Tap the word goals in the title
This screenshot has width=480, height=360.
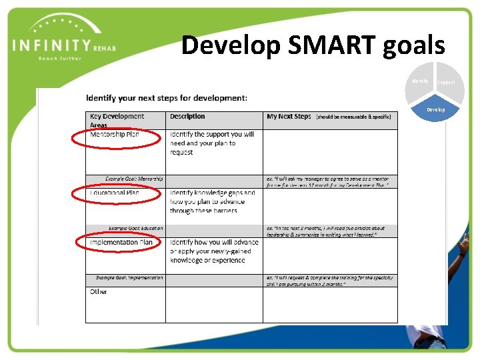coord(414,45)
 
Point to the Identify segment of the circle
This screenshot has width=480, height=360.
coord(420,81)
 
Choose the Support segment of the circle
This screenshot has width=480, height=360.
coord(446,82)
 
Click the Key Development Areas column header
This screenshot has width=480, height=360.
coord(117,120)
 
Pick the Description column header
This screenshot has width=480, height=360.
coord(187,116)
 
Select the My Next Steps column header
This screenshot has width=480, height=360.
coord(289,116)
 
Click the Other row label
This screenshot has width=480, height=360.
coord(99,292)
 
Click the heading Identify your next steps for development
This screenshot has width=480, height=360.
coord(167,98)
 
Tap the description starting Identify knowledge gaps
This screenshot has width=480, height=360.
coord(212,201)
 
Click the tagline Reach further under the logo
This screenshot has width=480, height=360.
coord(60,59)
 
